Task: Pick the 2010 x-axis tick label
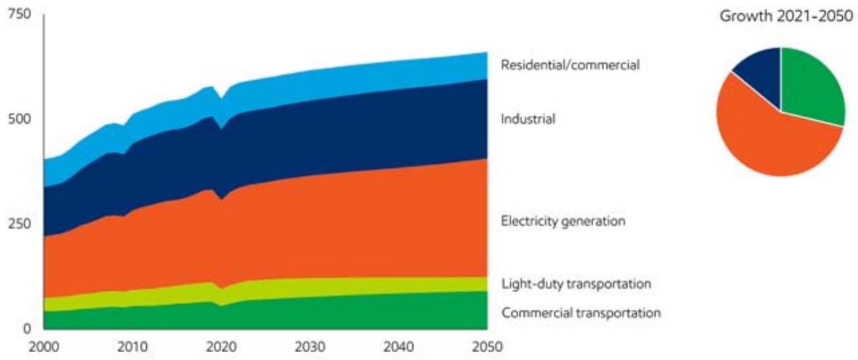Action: click(x=132, y=347)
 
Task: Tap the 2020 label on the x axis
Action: click(x=221, y=347)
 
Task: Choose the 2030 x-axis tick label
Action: click(x=309, y=347)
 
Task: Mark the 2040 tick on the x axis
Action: click(x=398, y=347)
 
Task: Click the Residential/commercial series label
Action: click(x=570, y=65)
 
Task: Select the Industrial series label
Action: click(x=528, y=120)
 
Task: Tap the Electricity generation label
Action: click(x=563, y=221)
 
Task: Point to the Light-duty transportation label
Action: click(x=576, y=284)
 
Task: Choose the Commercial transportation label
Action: click(x=581, y=313)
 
